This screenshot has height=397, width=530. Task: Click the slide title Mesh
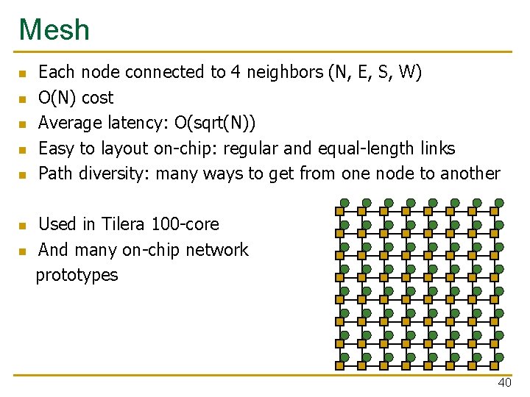pyautogui.click(x=54, y=30)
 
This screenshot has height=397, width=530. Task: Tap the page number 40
pyautogui.click(x=504, y=382)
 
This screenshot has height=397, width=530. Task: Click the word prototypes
pyautogui.click(x=77, y=275)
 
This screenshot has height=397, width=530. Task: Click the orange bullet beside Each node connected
pyautogui.click(x=22, y=74)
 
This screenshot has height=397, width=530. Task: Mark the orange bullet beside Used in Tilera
pyautogui.click(x=22, y=225)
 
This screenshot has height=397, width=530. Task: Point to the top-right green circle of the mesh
pyautogui.click(x=499, y=203)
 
